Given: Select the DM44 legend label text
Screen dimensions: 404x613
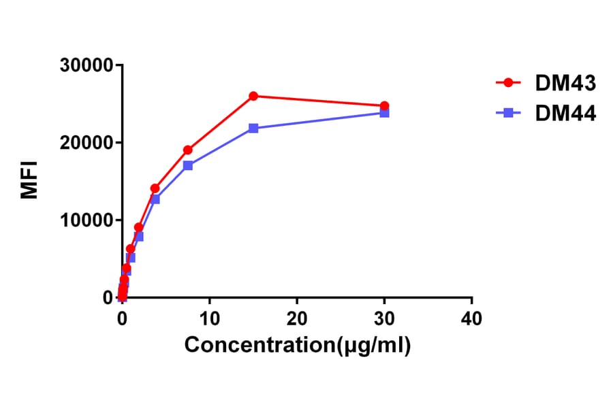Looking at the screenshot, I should (x=565, y=114).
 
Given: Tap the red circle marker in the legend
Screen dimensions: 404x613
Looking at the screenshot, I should (x=508, y=83).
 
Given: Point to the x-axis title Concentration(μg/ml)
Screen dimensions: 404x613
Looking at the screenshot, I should (x=298, y=345).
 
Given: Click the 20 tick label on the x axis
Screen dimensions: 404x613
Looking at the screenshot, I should (x=297, y=318).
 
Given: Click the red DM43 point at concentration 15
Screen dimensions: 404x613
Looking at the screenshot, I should (x=253, y=96).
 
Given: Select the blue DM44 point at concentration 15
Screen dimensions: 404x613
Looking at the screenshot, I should (x=253, y=128).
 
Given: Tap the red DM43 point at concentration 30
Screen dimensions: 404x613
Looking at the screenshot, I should (x=384, y=106).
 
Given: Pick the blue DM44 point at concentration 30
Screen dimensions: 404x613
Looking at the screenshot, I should (x=384, y=113).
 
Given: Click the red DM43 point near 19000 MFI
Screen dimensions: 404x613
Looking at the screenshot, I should (x=187, y=150).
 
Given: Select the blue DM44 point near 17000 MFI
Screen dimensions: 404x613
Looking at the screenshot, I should (x=187, y=165).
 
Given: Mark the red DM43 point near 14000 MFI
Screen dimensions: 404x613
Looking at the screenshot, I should (x=155, y=188).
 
